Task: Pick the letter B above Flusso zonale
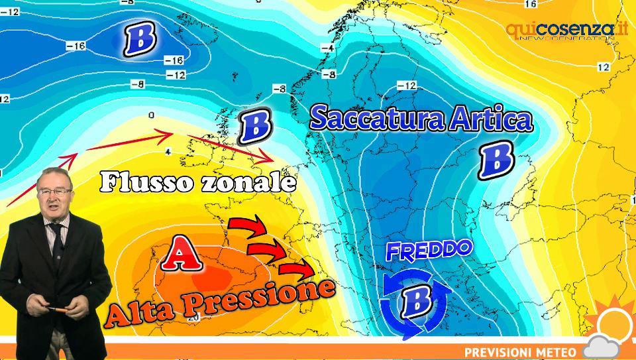(x=253, y=127)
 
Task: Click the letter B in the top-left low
(x=140, y=38)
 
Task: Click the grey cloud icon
(x=602, y=348)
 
